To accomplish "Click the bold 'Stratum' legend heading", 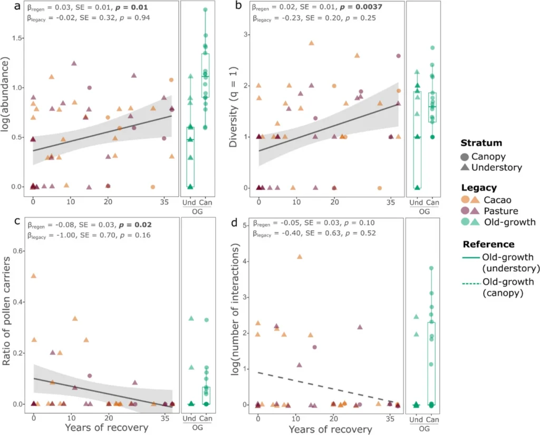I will click(x=479, y=143).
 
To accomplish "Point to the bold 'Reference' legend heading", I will click(x=485, y=244).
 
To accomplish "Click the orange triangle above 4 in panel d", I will click(x=300, y=257).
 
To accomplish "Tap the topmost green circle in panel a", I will click(x=205, y=10).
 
